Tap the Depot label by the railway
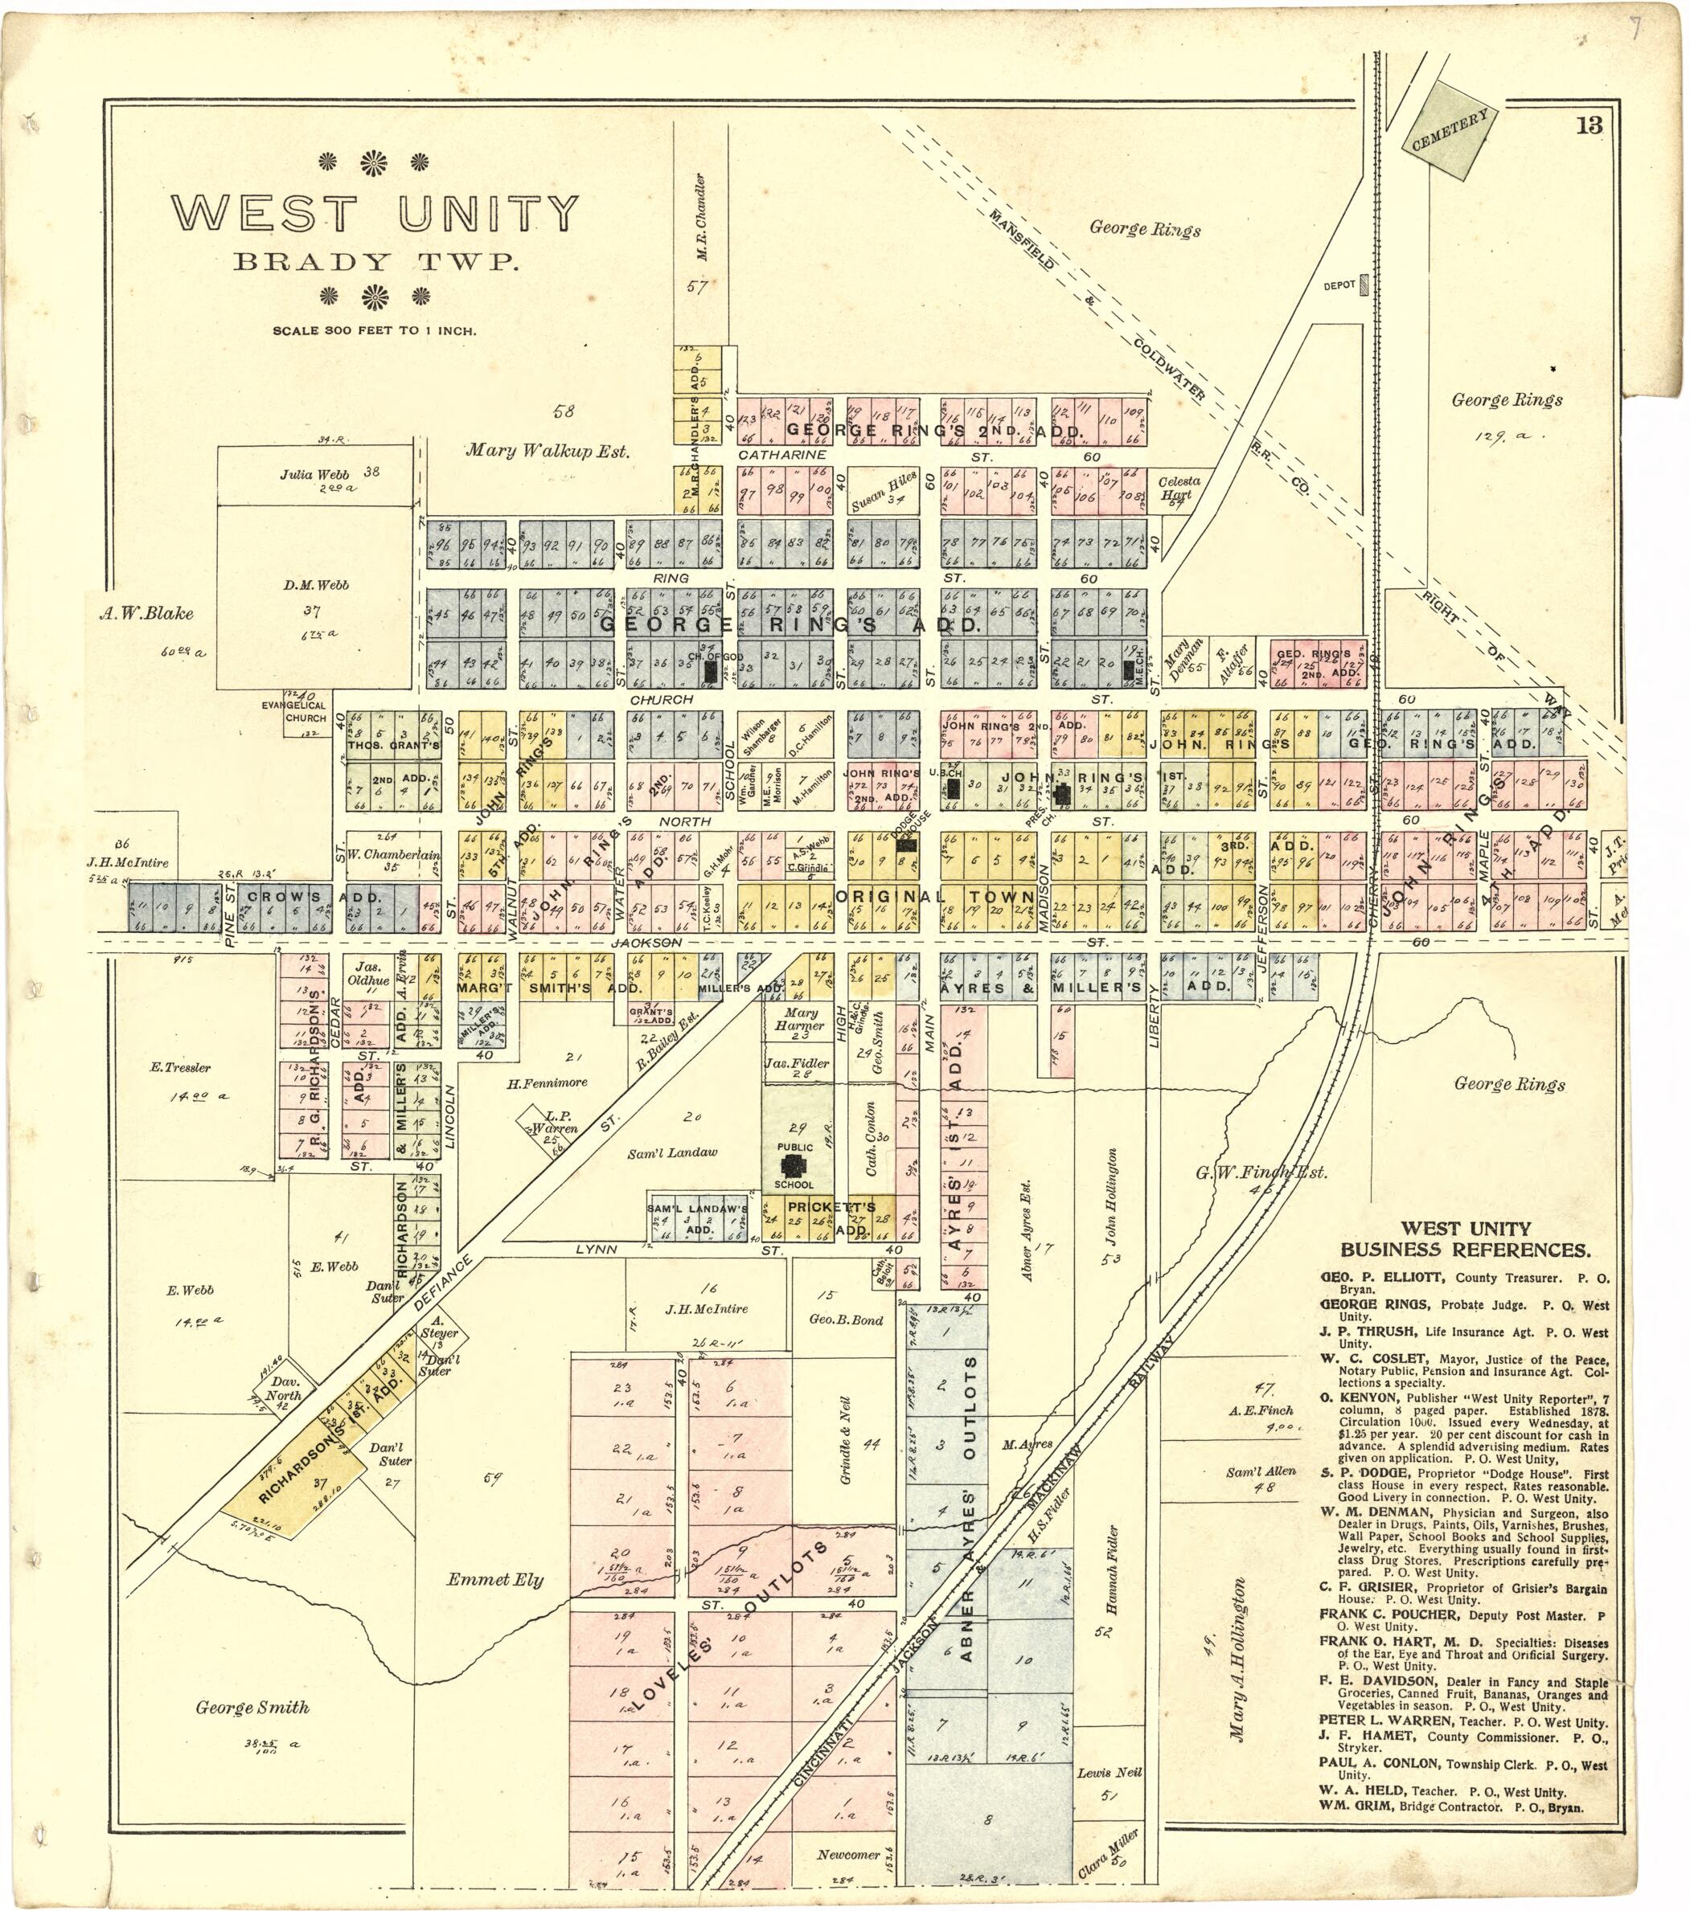(1339, 285)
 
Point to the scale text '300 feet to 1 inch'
(374, 331)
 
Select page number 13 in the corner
(1589, 125)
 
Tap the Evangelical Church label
(306, 711)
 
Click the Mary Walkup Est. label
(548, 451)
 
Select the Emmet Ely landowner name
(494, 1580)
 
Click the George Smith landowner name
(252, 1707)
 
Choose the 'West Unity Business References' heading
(1466, 1240)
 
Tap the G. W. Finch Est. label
(1261, 1172)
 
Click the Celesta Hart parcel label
(1179, 487)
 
